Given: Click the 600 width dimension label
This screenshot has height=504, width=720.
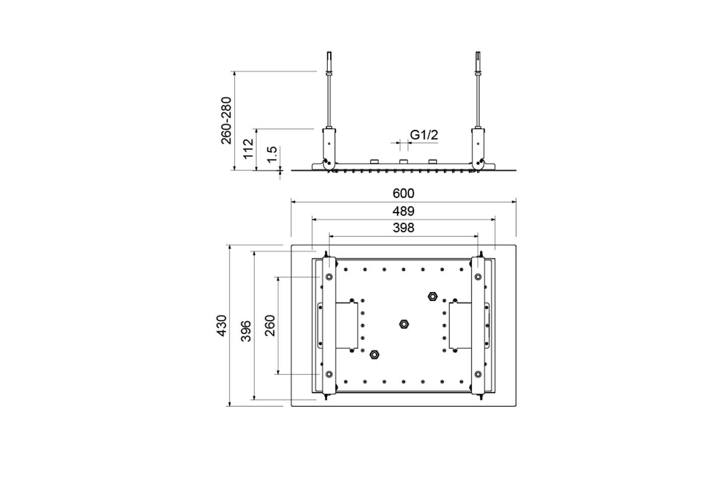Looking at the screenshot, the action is (x=403, y=194).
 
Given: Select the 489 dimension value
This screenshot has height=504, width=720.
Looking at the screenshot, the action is (x=403, y=212).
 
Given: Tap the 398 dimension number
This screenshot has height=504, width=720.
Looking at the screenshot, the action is (x=403, y=228).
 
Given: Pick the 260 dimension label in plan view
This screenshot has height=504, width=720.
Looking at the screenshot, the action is (x=270, y=326).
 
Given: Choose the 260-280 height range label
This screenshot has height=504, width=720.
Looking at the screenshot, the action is (x=226, y=120).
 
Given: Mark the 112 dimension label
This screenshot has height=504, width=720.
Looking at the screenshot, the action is (x=248, y=149).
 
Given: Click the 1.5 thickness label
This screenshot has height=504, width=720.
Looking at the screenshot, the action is (x=272, y=155).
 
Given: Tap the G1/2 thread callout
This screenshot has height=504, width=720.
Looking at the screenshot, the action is (x=424, y=135).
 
